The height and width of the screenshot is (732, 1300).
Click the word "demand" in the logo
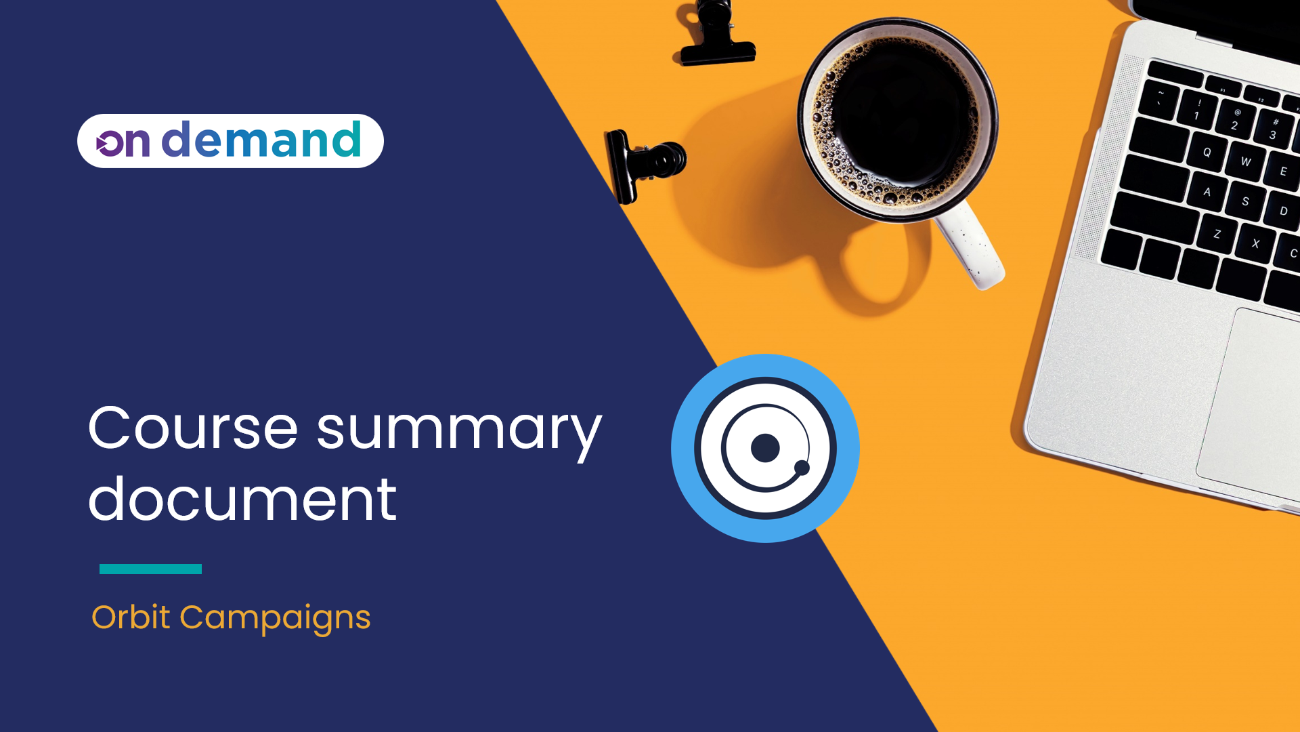(261, 140)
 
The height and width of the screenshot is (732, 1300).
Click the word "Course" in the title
(193, 428)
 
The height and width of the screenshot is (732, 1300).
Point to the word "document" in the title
(242, 500)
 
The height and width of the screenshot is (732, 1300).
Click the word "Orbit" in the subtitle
(131, 617)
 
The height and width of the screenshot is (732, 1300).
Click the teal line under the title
(150, 569)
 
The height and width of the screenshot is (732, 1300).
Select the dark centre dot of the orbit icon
(765, 448)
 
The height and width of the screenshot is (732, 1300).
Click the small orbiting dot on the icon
(802, 467)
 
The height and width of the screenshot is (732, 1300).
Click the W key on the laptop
(1245, 161)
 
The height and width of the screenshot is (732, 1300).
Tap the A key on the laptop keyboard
(1207, 192)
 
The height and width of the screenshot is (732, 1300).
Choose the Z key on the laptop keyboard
(1217, 234)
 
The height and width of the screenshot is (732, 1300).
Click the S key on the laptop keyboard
(1244, 201)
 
